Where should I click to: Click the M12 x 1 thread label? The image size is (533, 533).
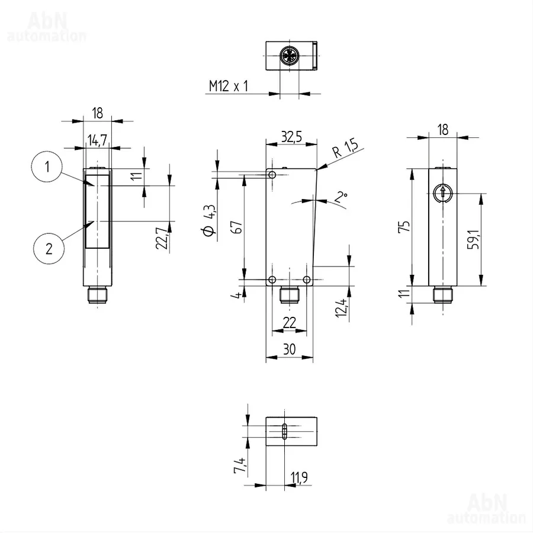point(228,86)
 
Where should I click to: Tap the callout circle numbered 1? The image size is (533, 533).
point(47,166)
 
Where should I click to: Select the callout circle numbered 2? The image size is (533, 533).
point(49,249)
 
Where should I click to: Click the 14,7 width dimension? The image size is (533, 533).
point(97,140)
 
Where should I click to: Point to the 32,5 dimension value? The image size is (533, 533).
point(291,137)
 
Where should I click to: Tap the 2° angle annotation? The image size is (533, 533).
point(341,197)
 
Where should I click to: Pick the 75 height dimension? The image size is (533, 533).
point(404,226)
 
